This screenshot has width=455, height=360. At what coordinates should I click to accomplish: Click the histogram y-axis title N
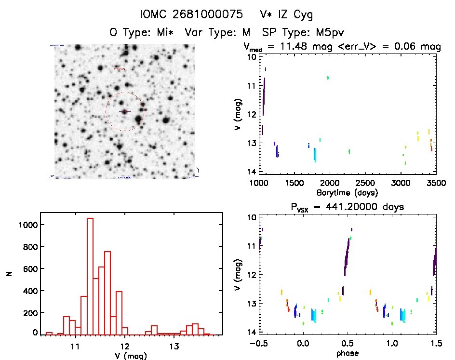tap(9, 273)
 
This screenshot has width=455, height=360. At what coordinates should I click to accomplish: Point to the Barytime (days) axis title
tap(347, 192)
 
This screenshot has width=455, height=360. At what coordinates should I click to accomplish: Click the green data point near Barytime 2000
tap(328, 77)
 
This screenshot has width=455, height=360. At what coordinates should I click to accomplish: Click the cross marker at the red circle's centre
tap(125, 111)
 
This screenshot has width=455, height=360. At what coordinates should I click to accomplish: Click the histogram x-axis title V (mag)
tap(124, 356)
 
